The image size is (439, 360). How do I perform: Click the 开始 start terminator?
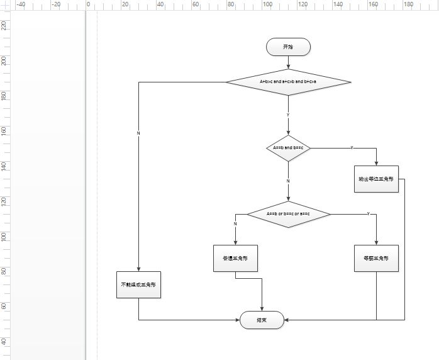pos(288,47)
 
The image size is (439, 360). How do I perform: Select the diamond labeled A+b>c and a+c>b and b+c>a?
pos(288,82)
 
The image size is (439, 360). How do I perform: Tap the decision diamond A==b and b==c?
pos(288,148)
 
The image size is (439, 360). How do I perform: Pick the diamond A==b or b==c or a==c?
pos(288,214)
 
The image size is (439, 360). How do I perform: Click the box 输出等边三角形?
pos(376,179)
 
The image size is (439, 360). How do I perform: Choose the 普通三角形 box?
pos(235,259)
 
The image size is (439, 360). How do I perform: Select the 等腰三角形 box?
pos(376,259)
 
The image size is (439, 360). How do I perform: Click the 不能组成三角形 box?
pos(138,284)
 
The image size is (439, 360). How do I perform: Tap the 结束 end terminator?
pos(262,320)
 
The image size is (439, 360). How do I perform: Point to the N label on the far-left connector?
pos(138,133)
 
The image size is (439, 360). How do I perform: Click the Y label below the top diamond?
pos(288,115)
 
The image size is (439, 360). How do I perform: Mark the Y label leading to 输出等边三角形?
pos(352,148)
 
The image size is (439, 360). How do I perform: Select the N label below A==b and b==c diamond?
pos(288,181)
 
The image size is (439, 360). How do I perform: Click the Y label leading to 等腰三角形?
pos(368,214)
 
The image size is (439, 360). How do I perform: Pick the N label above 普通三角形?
pos(235,223)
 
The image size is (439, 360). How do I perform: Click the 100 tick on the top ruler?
pos(267,4)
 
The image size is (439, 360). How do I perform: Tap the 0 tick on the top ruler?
pos(88,4)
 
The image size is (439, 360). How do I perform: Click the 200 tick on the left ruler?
pos(4,61)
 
